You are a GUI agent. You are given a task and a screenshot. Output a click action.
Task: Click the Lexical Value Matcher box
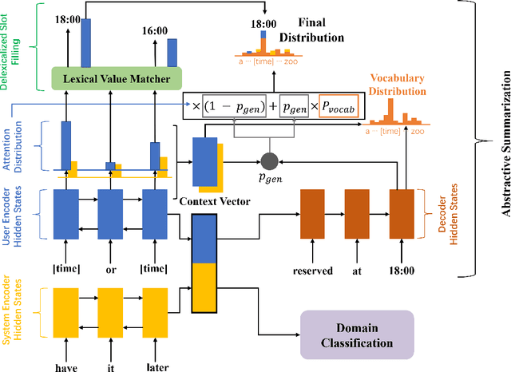point(116,77)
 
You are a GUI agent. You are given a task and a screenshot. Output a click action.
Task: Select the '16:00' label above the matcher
point(154,30)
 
